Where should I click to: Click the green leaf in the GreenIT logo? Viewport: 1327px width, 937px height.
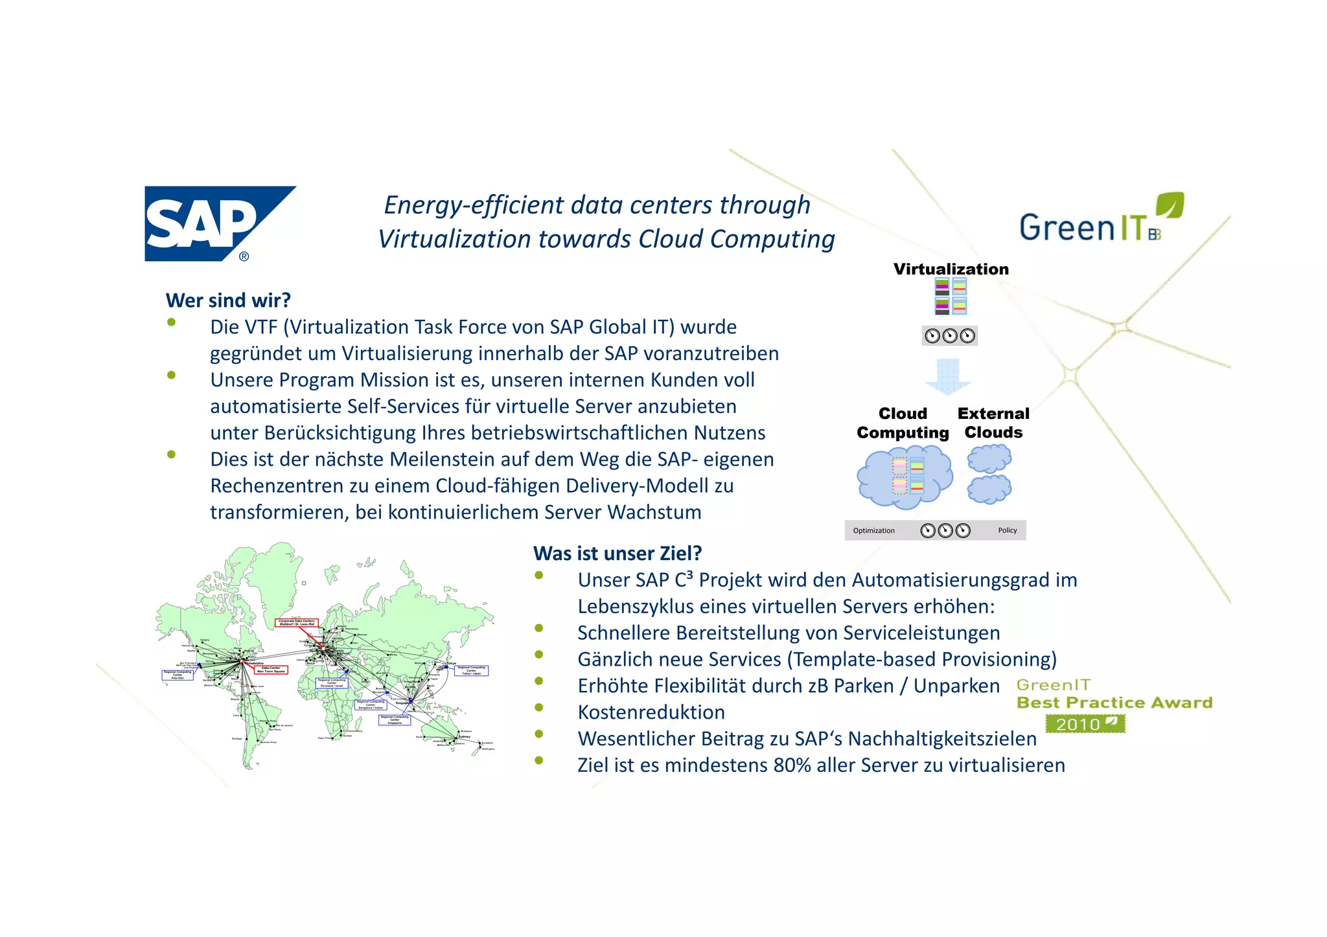(x=1170, y=205)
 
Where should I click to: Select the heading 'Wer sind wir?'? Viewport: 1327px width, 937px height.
(x=228, y=300)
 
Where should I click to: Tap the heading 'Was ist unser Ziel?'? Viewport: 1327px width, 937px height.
(x=617, y=554)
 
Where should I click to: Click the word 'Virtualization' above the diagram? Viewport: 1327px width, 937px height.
(x=951, y=269)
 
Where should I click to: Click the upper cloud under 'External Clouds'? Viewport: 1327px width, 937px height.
(x=989, y=458)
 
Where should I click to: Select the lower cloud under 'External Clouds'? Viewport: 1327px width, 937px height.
(x=989, y=489)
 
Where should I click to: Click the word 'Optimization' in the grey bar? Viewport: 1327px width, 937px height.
(x=873, y=531)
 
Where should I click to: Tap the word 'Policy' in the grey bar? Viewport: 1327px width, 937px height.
(x=1007, y=530)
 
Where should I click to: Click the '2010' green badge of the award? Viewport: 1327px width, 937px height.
(x=1085, y=724)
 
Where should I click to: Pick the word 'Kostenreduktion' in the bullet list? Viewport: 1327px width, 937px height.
(x=651, y=712)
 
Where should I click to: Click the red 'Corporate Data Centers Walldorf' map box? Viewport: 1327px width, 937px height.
(x=297, y=623)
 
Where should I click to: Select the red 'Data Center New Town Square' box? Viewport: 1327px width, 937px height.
(x=270, y=670)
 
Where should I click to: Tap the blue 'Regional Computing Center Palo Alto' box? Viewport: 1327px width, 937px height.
(x=178, y=675)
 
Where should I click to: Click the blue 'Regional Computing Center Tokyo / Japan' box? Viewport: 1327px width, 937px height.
(x=471, y=671)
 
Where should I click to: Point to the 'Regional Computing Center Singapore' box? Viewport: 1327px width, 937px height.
(x=395, y=720)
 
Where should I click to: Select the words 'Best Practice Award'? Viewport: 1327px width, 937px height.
(x=1114, y=703)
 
